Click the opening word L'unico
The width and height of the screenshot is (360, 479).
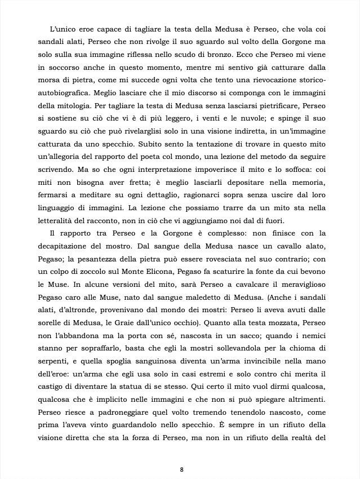tap(63, 28)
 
